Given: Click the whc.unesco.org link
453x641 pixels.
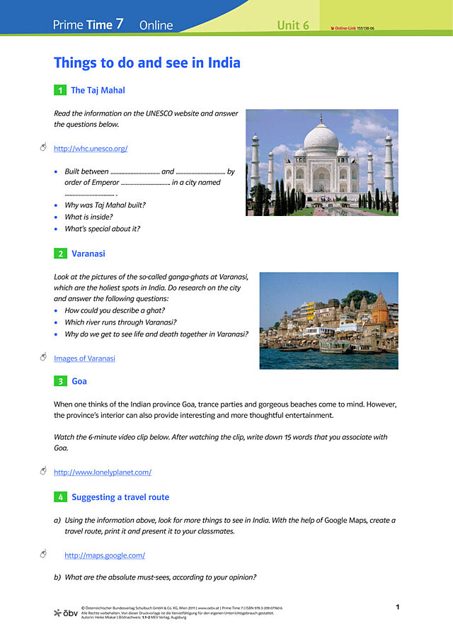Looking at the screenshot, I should [91, 149].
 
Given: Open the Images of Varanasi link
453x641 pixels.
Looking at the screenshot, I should [84, 358].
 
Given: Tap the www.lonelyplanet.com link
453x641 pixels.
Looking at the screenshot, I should [103, 472].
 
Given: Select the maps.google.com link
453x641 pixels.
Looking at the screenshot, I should [105, 556].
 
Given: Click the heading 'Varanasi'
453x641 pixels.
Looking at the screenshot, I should [88, 254].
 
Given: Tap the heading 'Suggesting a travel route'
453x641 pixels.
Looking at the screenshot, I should [120, 498].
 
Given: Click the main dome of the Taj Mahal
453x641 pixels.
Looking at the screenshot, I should [321, 138].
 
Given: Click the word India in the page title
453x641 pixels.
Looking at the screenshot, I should [224, 63].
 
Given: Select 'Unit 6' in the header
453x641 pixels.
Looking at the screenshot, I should [293, 25].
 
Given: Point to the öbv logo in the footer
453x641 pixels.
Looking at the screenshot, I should [66, 612].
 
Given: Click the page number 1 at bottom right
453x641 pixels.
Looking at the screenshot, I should [398, 607].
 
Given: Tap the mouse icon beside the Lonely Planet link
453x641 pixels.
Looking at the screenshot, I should [43, 471].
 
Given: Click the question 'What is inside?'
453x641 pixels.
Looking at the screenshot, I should [88, 217].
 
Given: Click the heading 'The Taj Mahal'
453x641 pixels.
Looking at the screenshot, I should [98, 91].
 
